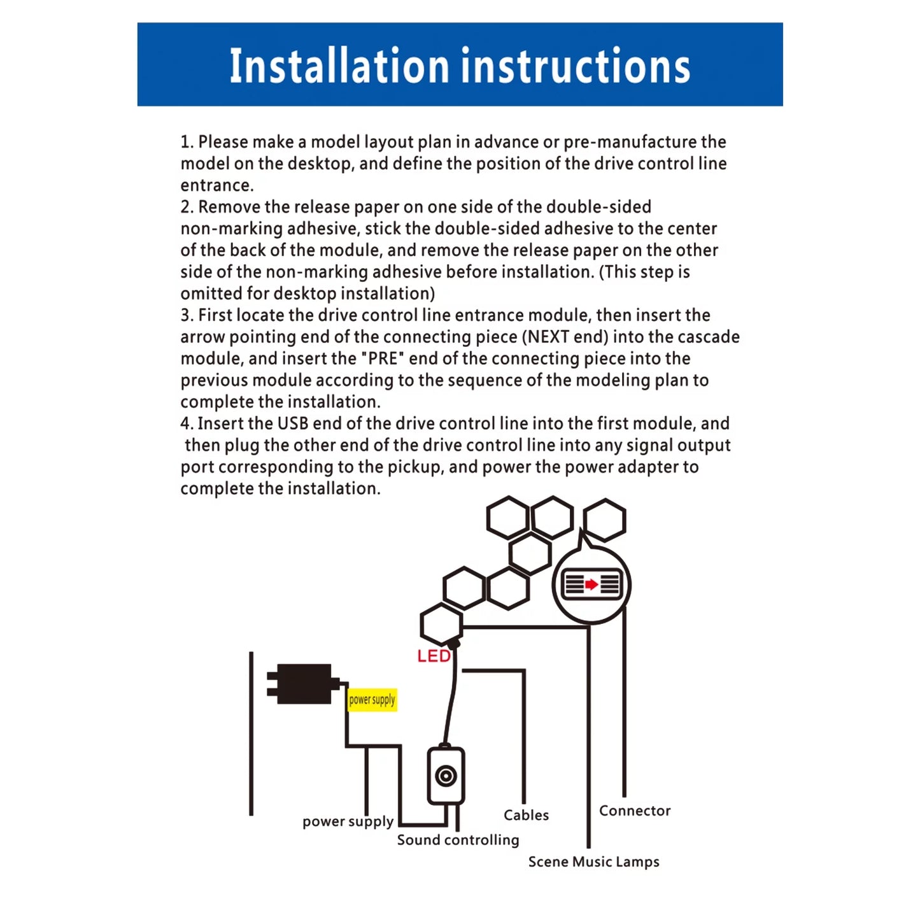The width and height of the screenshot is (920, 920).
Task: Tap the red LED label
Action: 433,656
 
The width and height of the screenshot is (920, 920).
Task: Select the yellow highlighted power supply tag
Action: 372,700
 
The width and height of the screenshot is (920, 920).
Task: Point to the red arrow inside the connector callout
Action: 591,584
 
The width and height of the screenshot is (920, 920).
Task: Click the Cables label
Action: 526,815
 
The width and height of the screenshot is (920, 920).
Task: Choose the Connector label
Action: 635,810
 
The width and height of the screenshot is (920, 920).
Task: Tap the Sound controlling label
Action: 458,840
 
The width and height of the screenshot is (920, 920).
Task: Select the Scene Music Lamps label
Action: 593,861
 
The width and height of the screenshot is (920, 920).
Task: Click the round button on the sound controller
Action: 446,775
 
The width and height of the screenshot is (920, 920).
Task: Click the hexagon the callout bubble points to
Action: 604,520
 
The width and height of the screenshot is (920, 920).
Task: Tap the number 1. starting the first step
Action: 187,142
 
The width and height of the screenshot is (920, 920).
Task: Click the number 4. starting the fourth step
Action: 187,423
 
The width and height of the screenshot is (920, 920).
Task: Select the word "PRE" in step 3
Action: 383,358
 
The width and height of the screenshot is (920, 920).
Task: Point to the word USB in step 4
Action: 293,423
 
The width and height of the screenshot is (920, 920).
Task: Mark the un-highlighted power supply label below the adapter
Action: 348,821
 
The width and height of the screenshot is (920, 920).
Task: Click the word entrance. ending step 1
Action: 217,185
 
